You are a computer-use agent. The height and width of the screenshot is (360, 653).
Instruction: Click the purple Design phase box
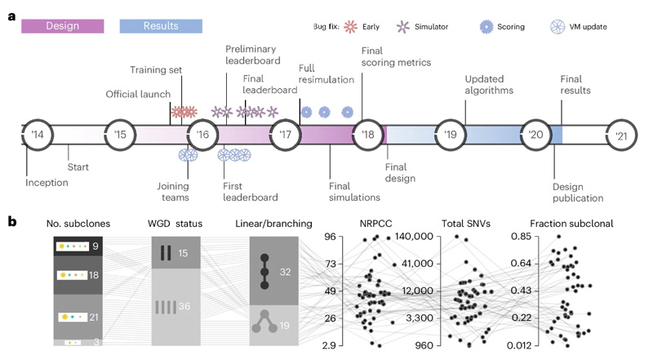click(x=63, y=26)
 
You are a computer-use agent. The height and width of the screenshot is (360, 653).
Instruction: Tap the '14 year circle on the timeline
click(x=38, y=135)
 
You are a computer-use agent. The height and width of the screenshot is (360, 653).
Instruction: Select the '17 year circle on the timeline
click(x=286, y=135)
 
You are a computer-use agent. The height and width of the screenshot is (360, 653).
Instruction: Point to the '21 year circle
click(x=620, y=135)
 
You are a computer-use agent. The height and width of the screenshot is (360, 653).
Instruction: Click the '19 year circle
click(x=451, y=135)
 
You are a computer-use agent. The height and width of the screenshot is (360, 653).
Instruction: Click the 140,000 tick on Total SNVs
click(x=416, y=237)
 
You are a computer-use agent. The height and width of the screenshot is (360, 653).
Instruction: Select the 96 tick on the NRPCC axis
click(x=331, y=237)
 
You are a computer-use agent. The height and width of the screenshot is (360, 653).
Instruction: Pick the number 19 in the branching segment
click(x=285, y=325)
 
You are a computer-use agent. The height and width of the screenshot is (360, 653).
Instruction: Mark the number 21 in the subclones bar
click(x=96, y=317)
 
